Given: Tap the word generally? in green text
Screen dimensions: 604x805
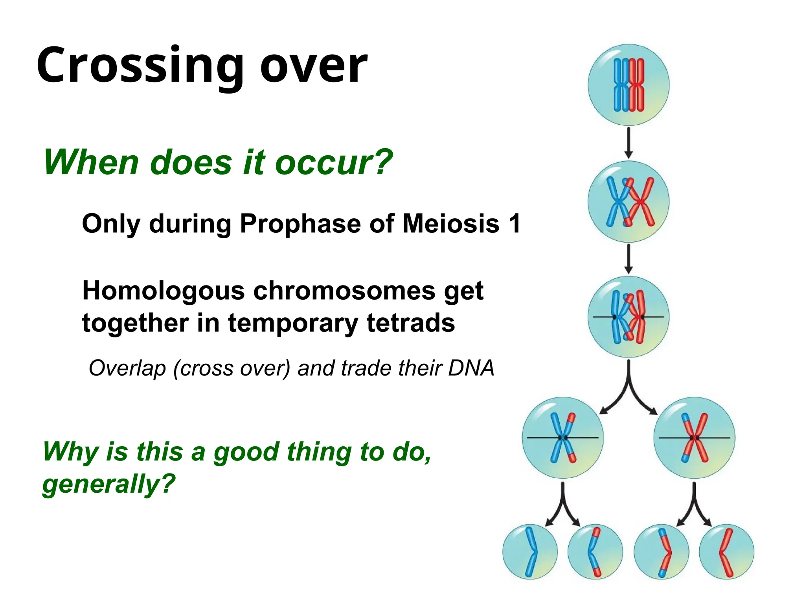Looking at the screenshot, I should click(108, 484).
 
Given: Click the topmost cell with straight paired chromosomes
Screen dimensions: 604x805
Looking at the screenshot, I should click(629, 85).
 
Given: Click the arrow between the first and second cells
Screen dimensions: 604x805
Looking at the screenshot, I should click(629, 142).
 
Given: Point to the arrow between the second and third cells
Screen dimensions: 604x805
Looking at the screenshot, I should click(629, 258).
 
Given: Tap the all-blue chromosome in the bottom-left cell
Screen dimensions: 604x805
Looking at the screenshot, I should click(531, 552).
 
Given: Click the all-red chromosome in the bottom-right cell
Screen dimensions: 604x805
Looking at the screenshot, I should click(725, 552).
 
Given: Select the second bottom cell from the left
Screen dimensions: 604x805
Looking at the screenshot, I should click(595, 552).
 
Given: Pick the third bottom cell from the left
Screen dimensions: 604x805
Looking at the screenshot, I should click(661, 552).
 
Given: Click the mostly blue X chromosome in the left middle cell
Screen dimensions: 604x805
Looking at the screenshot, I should click(562, 438).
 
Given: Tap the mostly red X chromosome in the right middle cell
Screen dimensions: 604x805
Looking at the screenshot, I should click(695, 438).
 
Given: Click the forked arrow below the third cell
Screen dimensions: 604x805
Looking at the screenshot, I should click(629, 387).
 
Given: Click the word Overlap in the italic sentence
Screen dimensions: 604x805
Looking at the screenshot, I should click(127, 368).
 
